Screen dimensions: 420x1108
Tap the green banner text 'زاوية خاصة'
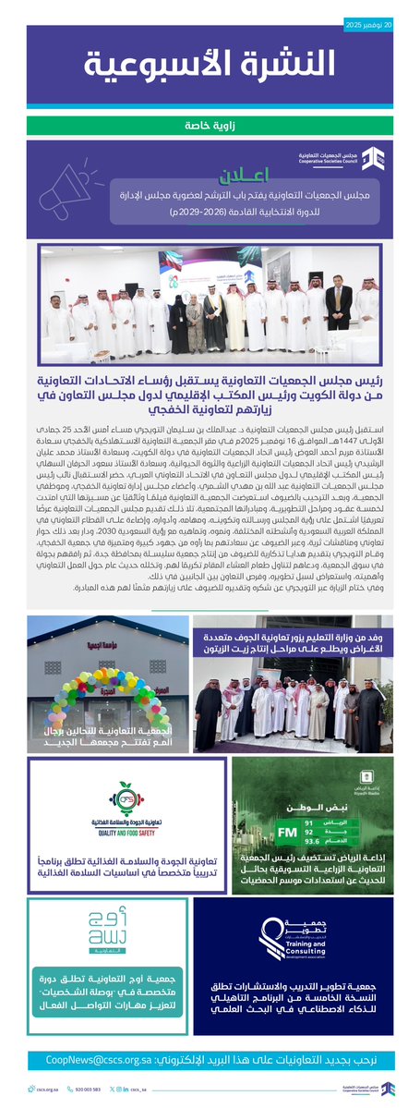click(210, 124)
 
